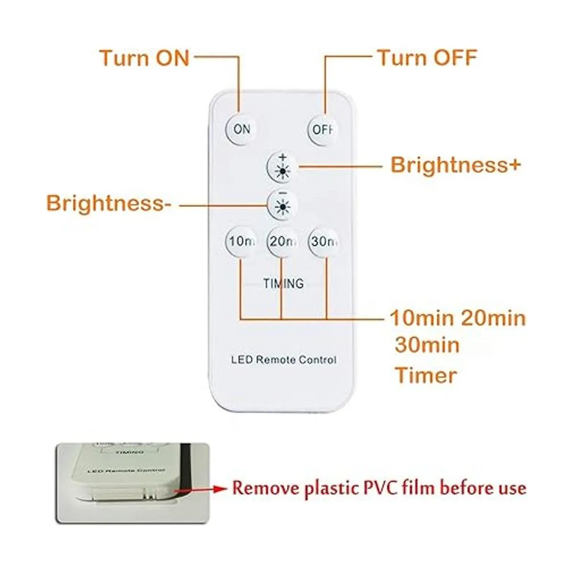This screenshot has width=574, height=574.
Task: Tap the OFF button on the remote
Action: click(323, 129)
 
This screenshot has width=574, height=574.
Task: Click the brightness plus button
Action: click(283, 167)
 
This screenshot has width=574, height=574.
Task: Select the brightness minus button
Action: click(283, 205)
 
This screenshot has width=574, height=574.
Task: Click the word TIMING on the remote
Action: click(283, 284)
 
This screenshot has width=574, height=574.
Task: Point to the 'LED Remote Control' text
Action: click(283, 360)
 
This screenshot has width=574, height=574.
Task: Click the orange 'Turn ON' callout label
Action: click(144, 58)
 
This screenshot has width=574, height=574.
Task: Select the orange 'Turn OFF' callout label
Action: click(427, 58)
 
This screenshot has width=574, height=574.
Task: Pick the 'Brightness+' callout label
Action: click(455, 165)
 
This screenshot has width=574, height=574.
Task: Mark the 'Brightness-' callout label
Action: click(109, 203)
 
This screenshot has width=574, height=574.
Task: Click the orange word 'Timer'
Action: click(426, 375)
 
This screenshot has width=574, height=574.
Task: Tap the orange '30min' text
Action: click(427, 345)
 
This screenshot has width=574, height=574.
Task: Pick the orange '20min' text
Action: click(493, 318)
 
